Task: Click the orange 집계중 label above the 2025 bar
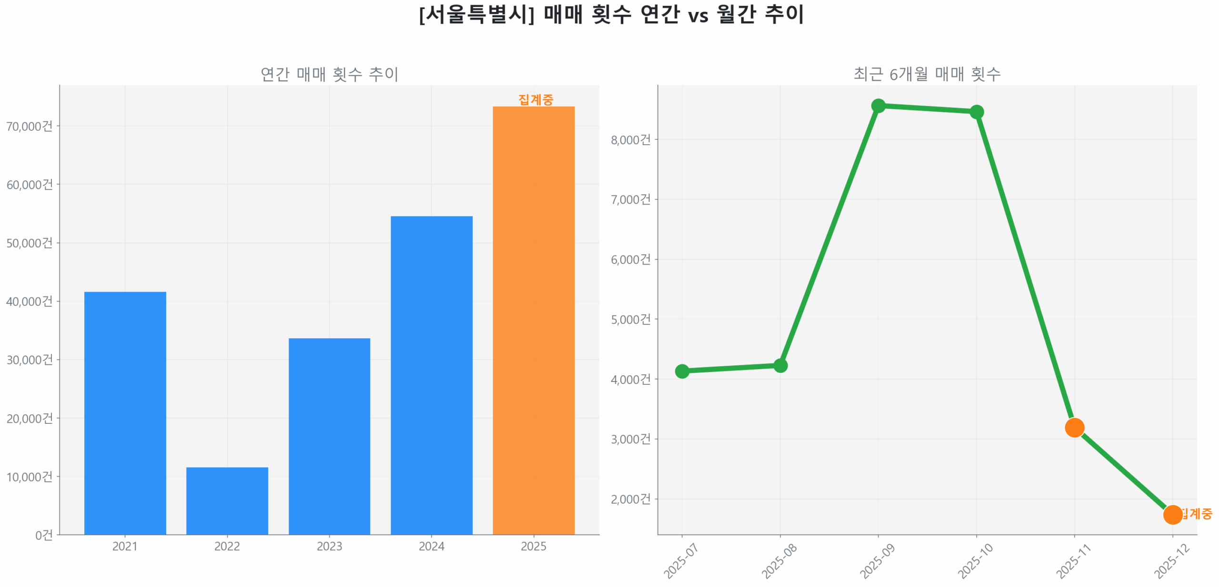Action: pyautogui.click(x=535, y=99)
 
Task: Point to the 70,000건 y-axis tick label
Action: pyautogui.click(x=29, y=126)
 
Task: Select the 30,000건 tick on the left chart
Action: pyautogui.click(x=29, y=359)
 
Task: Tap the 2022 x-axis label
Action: pyautogui.click(x=227, y=546)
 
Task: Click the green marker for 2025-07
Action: pyautogui.click(x=681, y=371)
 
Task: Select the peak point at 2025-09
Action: pyautogui.click(x=878, y=106)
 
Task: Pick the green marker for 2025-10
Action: pyautogui.click(x=976, y=112)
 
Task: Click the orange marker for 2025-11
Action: pyautogui.click(x=1074, y=427)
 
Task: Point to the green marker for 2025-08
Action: pyautogui.click(x=779, y=365)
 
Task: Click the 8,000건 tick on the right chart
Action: pyautogui.click(x=630, y=139)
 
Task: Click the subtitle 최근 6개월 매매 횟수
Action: pyautogui.click(x=926, y=74)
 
